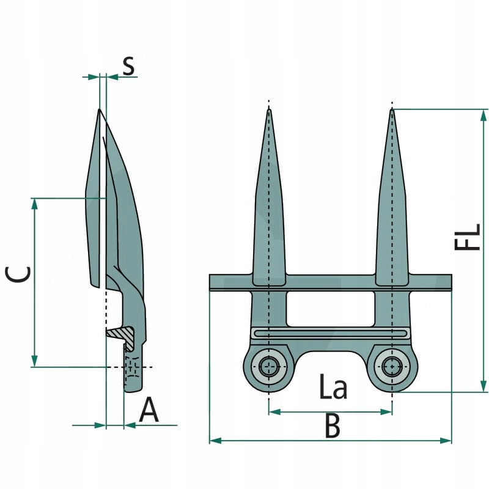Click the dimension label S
coord(128,65)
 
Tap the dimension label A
coord(149,410)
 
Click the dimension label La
coord(333,388)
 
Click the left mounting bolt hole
coord(268,367)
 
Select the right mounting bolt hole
coord(392,367)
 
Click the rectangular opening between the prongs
coord(330,308)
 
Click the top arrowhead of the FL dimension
coord(483,114)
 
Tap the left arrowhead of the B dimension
coord(214,439)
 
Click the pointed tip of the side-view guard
coord(99,110)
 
